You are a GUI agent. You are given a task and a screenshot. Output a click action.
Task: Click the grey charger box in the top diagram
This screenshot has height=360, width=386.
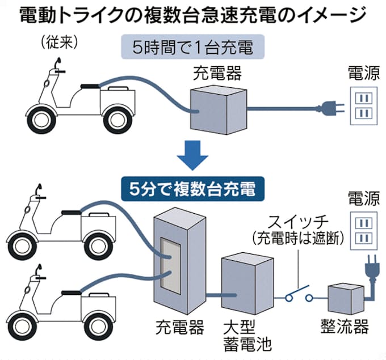pyautogui.click(x=216, y=108)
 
